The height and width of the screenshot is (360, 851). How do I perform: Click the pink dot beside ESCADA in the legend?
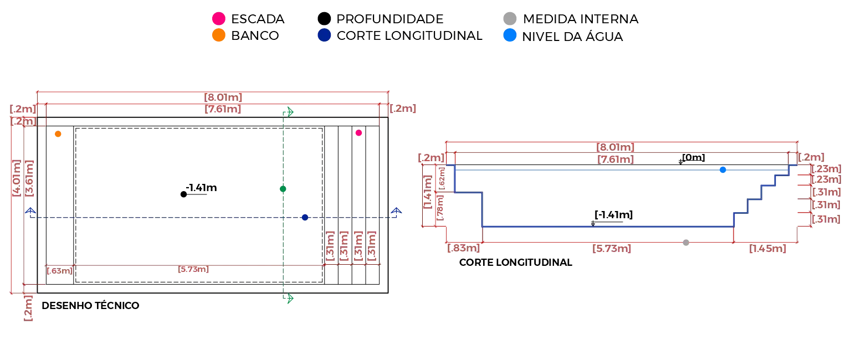pos(218,18)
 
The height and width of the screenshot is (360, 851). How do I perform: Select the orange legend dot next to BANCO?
pos(218,35)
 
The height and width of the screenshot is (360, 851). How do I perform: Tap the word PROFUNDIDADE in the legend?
pos(390,19)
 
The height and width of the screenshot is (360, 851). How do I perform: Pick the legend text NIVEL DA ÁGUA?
pos(572,37)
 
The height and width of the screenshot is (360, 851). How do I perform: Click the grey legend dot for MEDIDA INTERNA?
pos(510,18)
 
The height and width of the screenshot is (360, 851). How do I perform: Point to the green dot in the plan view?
pos(283,189)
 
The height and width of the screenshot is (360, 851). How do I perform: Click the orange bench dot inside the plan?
pos(58,133)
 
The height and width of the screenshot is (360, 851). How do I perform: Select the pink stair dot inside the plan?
pos(358,132)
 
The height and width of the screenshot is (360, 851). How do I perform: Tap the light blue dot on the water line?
pos(722,169)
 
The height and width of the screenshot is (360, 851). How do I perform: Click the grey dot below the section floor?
pos(686,242)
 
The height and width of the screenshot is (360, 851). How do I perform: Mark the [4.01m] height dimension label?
pos(16,178)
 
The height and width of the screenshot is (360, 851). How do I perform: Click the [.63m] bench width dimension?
pos(59,271)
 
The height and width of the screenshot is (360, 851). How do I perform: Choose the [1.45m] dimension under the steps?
pos(767,248)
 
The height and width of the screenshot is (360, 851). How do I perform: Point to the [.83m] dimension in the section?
pos(463,248)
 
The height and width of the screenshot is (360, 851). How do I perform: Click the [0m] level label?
pos(693,157)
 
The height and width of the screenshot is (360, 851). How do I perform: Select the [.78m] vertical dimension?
pos(439,208)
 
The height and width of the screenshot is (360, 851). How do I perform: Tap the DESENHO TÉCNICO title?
pos(90,305)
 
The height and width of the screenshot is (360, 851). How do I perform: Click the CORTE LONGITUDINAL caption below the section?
pos(516,263)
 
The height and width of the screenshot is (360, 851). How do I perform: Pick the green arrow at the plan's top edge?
pos(290,112)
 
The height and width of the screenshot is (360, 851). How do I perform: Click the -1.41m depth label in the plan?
pos(201,188)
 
